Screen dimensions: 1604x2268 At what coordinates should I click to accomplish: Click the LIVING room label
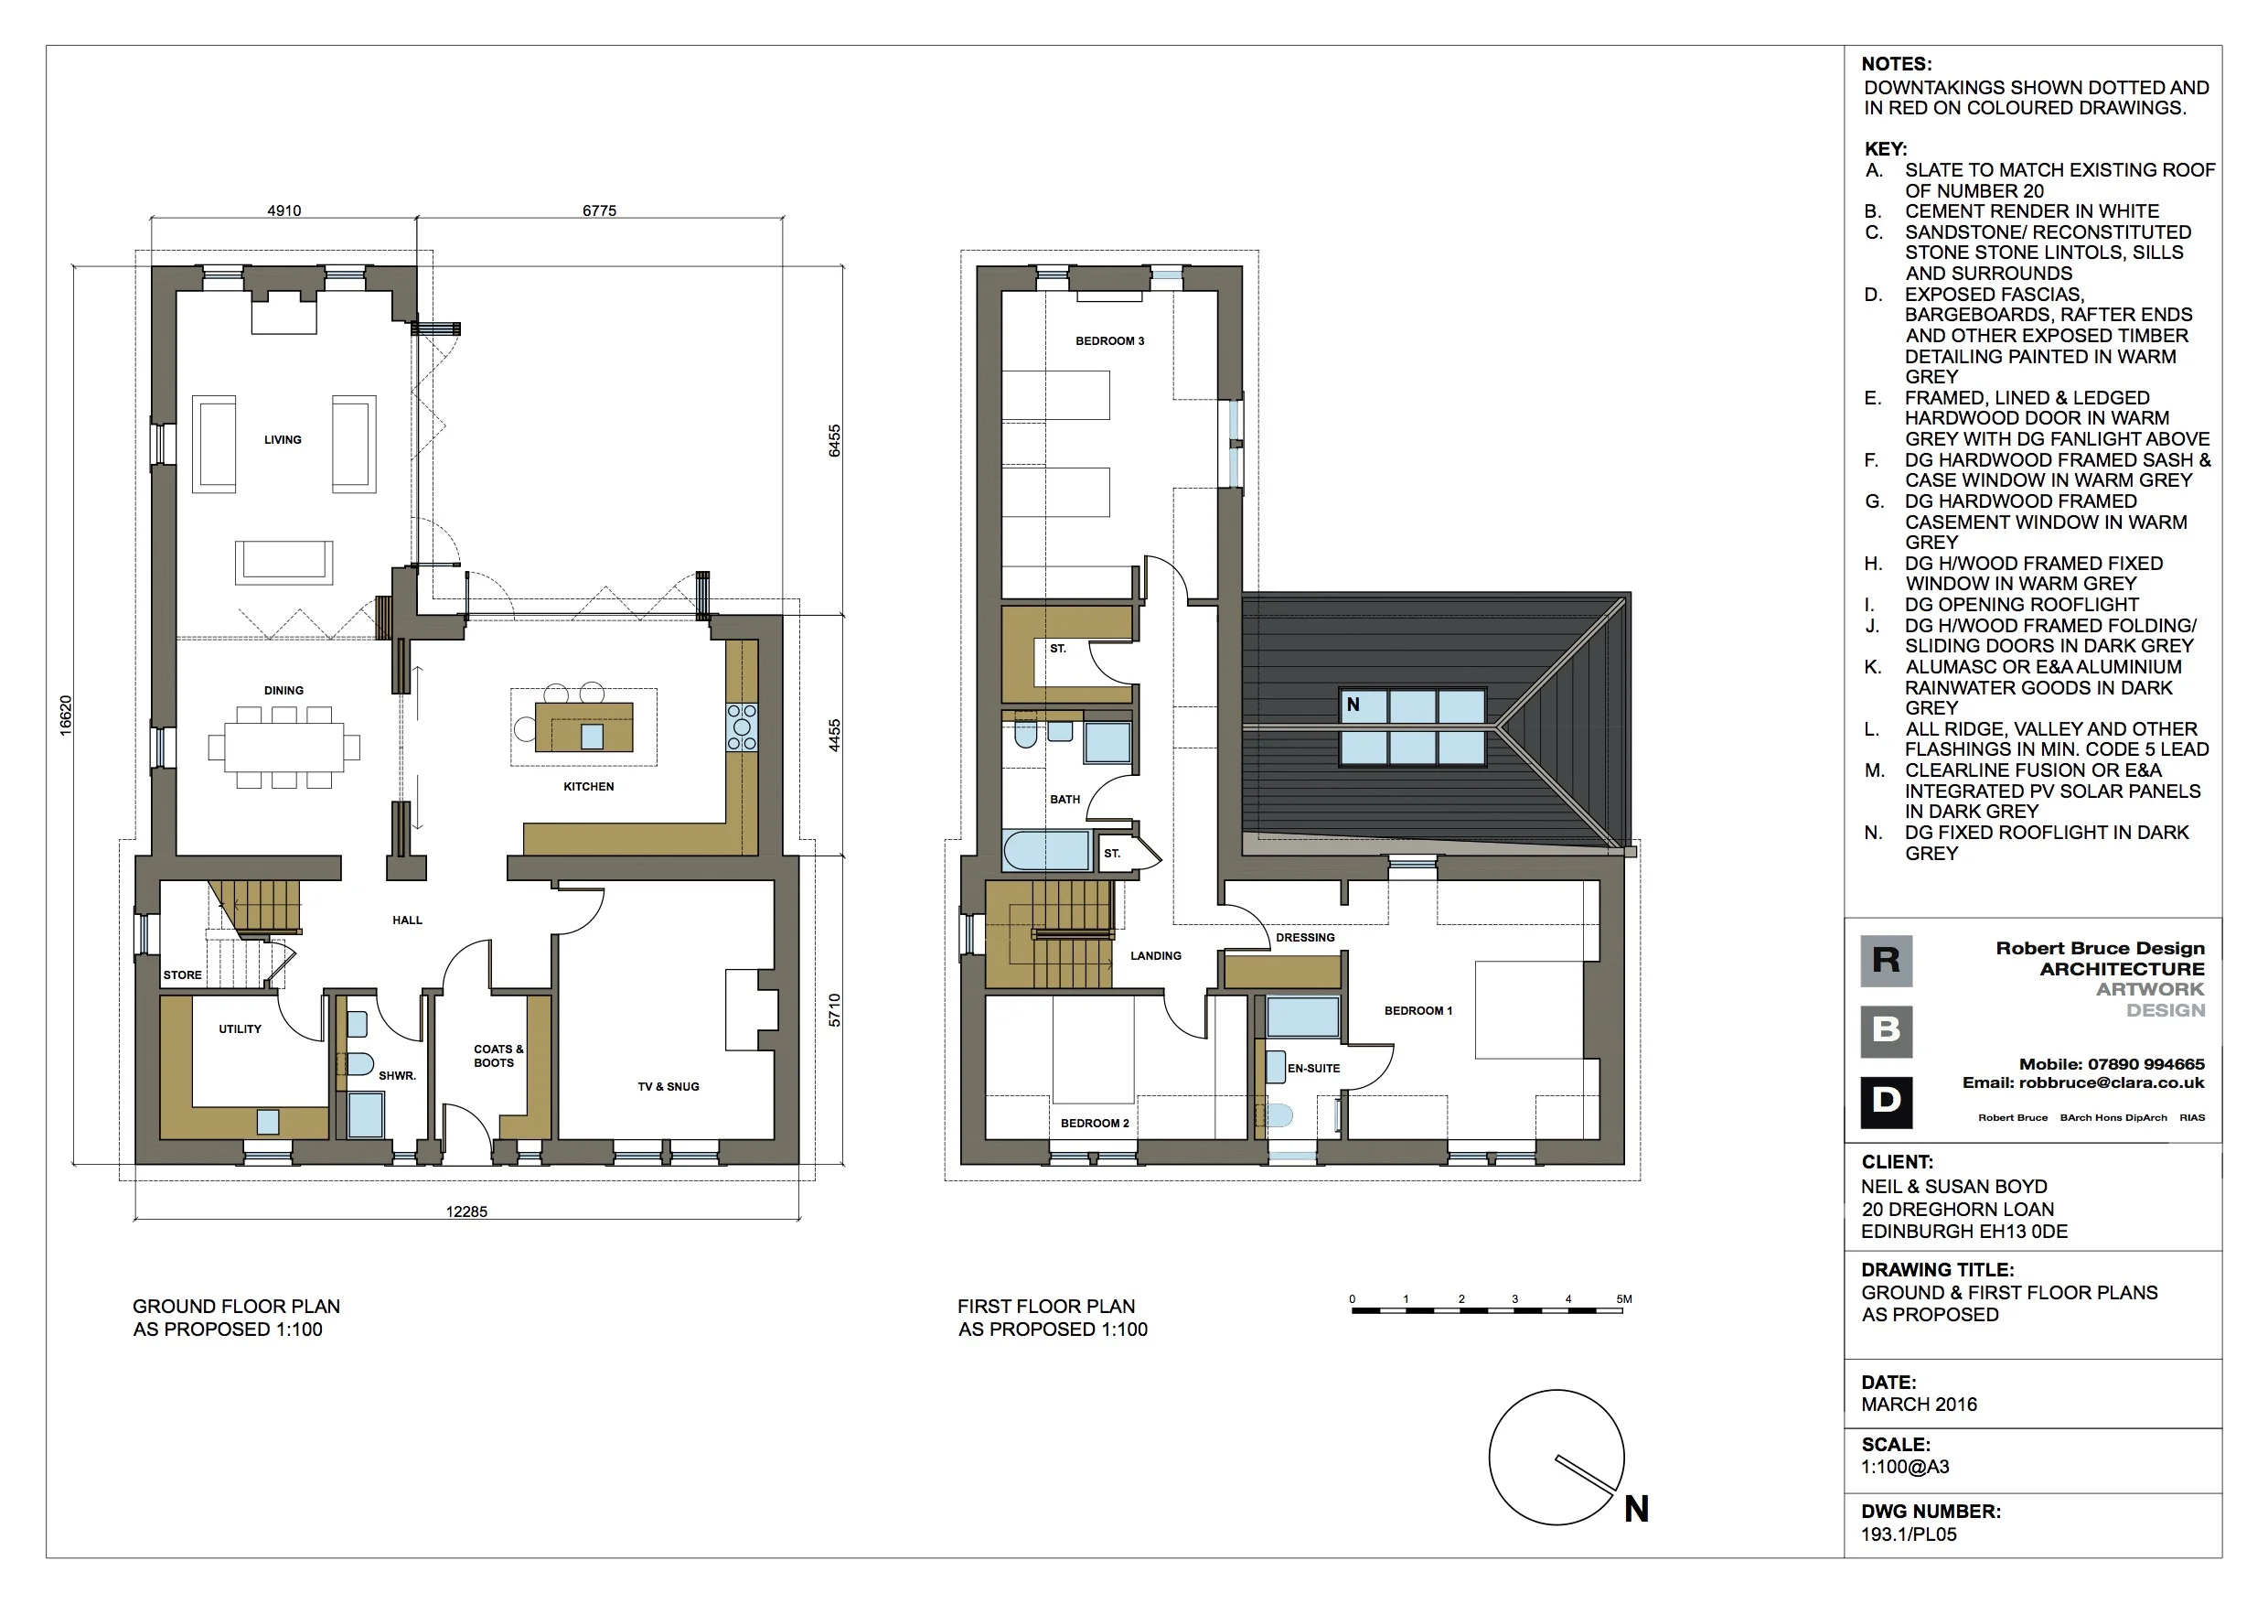tap(283, 440)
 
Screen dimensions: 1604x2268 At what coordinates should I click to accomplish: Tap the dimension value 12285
tap(466, 1211)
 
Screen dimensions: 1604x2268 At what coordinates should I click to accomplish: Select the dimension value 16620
tap(65, 716)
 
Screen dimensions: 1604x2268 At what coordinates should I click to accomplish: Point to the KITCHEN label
tap(589, 787)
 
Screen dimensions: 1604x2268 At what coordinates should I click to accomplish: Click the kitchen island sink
tap(592, 737)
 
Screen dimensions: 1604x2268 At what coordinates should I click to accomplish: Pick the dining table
tap(283, 748)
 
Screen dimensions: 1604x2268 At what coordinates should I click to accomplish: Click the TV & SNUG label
tap(668, 1087)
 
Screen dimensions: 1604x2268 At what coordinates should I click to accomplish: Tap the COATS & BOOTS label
tap(497, 1057)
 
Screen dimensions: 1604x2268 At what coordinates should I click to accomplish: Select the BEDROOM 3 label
tap(1109, 341)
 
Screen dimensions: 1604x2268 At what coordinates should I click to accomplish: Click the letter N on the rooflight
tap(1353, 705)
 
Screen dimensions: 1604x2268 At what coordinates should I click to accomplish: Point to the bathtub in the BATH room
tap(1046, 851)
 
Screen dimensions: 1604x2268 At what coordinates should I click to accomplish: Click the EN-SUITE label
tap(1314, 1069)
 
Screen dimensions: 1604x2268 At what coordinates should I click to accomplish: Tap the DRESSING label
tap(1305, 938)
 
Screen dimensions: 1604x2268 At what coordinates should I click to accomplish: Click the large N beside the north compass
tap(1637, 1509)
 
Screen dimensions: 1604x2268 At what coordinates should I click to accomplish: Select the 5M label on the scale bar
tap(1624, 1299)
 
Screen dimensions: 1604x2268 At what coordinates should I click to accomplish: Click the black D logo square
tap(1886, 1102)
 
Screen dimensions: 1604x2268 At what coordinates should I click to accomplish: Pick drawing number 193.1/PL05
tap(1909, 1534)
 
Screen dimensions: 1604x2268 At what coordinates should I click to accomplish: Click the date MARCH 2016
tap(1920, 1405)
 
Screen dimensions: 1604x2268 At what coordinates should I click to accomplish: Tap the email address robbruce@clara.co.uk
tap(2111, 1083)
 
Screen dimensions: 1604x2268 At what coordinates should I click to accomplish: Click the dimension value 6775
tap(599, 210)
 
